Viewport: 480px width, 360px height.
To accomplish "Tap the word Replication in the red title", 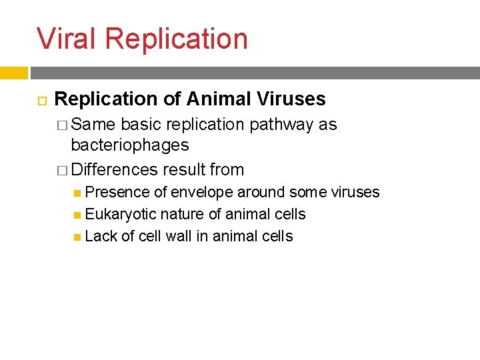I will [176, 38].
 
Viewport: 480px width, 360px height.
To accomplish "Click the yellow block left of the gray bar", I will [13, 73].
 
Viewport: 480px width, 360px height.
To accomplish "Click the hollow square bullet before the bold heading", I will [39, 100].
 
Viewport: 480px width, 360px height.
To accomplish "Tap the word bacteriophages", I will [130, 145].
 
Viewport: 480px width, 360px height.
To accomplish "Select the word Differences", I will [115, 170].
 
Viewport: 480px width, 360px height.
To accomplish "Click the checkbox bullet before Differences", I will [63, 170].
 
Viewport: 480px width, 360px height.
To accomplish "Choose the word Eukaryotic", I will [121, 215].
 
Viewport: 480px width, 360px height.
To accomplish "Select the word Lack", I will [101, 237].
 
